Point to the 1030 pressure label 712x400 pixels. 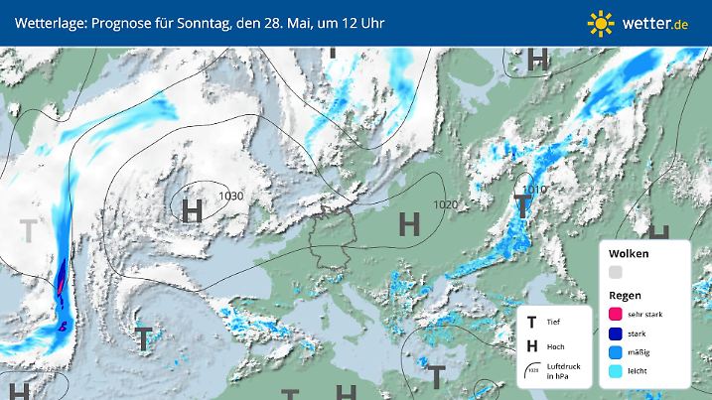(230, 196)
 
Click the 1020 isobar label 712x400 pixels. (446, 204)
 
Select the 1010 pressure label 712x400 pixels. (535, 189)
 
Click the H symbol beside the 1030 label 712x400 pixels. (193, 209)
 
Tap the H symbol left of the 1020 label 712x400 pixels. (408, 224)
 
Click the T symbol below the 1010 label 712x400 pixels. (522, 206)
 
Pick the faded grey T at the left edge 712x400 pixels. (29, 231)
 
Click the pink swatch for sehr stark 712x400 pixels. (616, 314)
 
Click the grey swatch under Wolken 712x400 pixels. (616, 272)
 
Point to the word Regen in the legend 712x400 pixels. (625, 295)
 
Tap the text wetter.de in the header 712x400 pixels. (656, 22)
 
